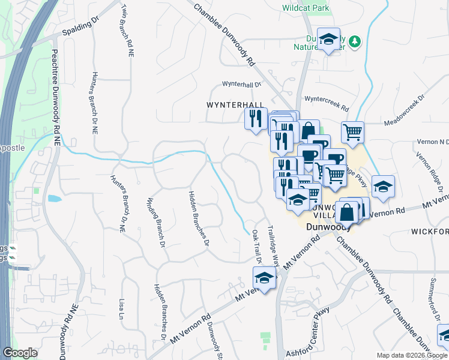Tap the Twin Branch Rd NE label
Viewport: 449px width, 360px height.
pos(127,31)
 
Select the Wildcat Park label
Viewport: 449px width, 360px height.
pos(306,8)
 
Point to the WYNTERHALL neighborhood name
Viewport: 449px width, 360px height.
pos(235,104)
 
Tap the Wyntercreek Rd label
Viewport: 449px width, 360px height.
pos(327,103)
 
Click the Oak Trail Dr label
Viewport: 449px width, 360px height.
pos(257,247)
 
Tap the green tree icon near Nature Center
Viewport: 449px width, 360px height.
pos(355,41)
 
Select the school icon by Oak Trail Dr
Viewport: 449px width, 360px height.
pos(264,278)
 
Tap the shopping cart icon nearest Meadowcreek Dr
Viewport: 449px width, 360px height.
pos(352,131)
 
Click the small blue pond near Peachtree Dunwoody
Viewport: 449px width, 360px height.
pos(53,198)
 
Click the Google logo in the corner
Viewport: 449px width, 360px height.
pos(20,353)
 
